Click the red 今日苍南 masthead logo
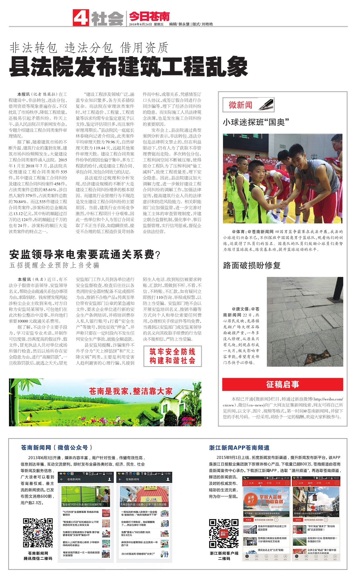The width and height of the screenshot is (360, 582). [x=149, y=17]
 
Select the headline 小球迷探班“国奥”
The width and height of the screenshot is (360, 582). [x=256, y=122]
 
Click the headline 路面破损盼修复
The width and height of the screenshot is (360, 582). [x=252, y=265]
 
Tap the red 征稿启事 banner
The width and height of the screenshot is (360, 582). [x=283, y=384]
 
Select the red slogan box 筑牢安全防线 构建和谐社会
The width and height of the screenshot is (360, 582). [x=172, y=356]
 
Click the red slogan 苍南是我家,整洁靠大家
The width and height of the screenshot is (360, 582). [x=130, y=391]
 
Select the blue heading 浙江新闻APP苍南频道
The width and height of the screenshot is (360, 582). [x=239, y=448]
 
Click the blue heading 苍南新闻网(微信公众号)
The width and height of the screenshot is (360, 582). [x=57, y=447]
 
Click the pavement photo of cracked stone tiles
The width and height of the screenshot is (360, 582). [x=305, y=321]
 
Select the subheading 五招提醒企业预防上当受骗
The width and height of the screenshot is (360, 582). [x=54, y=265]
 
